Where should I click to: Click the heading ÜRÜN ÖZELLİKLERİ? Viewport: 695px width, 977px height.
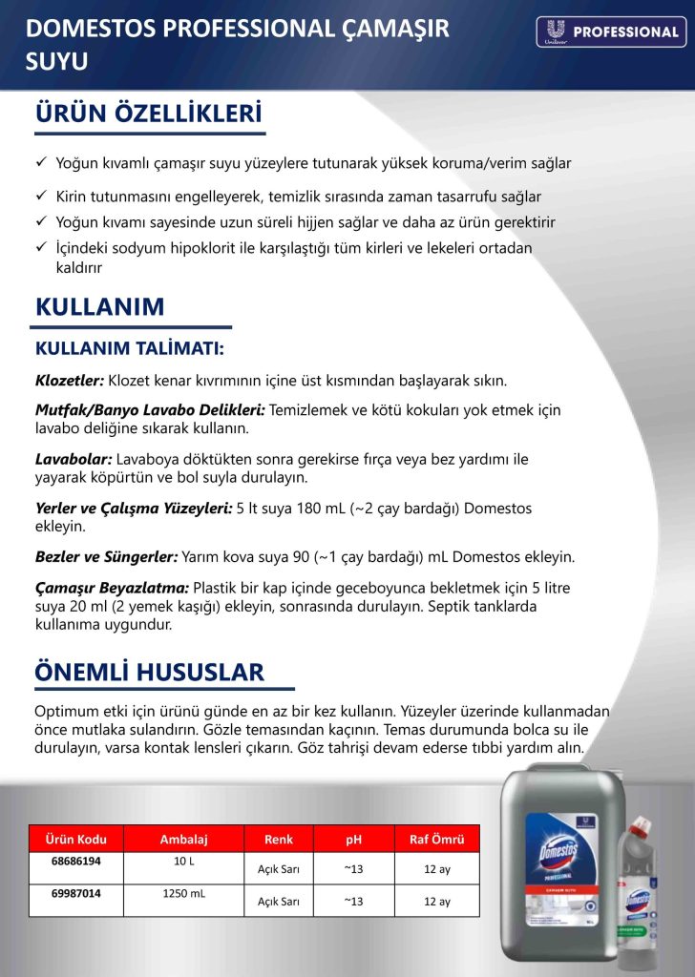pos(148,114)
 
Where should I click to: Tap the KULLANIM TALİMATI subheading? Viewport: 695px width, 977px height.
pos(129,348)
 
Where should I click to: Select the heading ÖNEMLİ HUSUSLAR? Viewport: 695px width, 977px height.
pos(149,672)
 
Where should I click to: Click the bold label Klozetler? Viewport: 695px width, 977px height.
pos(69,380)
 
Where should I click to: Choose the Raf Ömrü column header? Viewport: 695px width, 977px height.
pos(436,840)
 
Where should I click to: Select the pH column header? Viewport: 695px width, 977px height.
pos(353,840)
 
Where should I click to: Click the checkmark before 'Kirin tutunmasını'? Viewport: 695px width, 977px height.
pos(41,197)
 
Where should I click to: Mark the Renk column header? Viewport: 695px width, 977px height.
pos(279,840)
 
